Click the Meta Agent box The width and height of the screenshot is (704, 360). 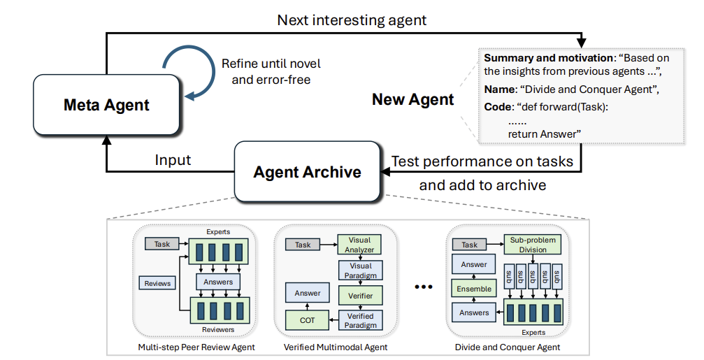[106, 105]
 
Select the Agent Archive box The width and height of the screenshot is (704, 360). [308, 172]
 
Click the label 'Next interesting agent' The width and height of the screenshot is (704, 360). [352, 20]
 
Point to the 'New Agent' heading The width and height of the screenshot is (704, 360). [413, 99]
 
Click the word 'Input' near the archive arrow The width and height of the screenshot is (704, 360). [173, 160]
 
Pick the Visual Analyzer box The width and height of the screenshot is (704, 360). [359, 245]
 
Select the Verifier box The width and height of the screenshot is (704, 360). [360, 296]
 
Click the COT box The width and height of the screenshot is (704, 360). [307, 320]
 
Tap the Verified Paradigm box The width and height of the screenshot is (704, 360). [360, 320]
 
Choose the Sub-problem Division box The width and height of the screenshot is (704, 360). [533, 245]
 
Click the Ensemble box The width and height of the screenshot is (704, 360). [474, 289]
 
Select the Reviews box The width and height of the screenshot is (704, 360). [157, 283]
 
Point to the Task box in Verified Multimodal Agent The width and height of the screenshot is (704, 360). [303, 245]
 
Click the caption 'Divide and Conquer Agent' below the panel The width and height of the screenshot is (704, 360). [508, 347]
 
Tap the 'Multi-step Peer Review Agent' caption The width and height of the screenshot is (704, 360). [196, 347]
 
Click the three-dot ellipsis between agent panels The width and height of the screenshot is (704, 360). [424, 287]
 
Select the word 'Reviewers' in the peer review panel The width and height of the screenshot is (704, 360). [218, 329]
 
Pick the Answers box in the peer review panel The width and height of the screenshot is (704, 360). [218, 282]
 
